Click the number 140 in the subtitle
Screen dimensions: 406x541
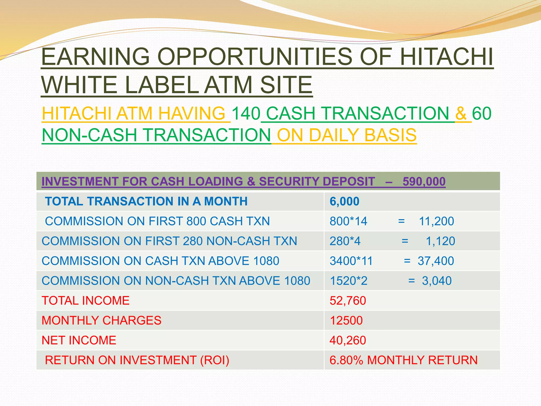pos(246,114)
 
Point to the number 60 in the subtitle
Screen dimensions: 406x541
pos(482,114)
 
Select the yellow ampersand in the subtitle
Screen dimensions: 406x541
pos(461,114)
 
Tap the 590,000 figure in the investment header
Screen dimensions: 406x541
pos(424,182)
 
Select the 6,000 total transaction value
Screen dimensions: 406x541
pos(344,201)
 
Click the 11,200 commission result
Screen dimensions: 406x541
pos(436,221)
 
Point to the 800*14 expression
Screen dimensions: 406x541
pos(348,221)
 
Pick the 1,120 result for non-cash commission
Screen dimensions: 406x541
pos(440,241)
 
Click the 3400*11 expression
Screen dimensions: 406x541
pos(351,261)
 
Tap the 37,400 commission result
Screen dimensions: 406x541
pos(436,261)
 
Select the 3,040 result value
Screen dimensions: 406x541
pos(437,281)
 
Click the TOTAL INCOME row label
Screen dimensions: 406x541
pos(86,301)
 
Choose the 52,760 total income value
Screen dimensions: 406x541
pos(348,301)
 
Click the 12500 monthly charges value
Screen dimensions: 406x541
pos(346,320)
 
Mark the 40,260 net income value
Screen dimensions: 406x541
pos(348,340)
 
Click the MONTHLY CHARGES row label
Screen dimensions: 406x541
pos(101,320)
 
